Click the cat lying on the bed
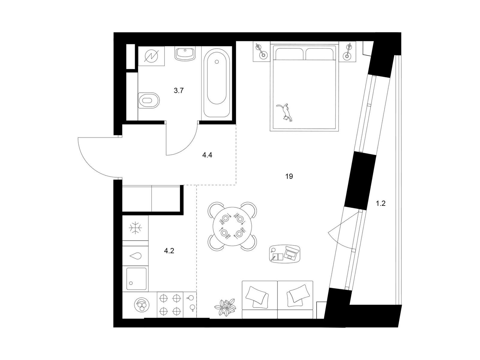coord(285,112)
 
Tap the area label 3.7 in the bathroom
coord(178,91)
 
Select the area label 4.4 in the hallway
coord(207,155)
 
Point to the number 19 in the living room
coord(289,176)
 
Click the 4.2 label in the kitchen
coord(169,251)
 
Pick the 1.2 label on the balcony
coord(380,203)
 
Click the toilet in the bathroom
coord(149,100)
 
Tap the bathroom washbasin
coord(185,54)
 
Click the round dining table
coord(232,226)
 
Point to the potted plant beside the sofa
coord(226,307)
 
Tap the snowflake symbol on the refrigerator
coord(135,228)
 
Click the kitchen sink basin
coord(136,279)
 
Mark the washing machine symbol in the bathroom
coord(151,56)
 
